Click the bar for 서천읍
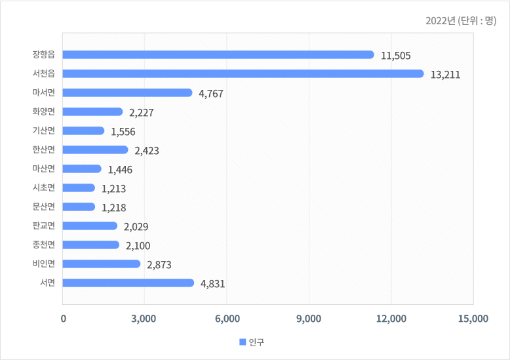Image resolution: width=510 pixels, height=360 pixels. click(243, 73)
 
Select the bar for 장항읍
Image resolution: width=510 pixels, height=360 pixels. click(219, 54)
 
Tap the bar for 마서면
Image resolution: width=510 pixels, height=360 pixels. click(128, 92)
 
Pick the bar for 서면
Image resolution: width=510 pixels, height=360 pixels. click(128, 283)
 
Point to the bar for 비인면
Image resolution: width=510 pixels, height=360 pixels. click(102, 264)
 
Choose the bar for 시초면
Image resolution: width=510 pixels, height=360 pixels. click(79, 188)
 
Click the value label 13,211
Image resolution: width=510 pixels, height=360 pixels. click(445, 75)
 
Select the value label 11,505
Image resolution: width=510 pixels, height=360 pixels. click(395, 56)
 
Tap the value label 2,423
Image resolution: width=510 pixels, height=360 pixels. click(147, 151)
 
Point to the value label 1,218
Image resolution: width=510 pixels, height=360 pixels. click(113, 208)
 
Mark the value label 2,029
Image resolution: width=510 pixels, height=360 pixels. click(136, 227)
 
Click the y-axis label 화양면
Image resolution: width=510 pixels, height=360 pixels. click(43, 111)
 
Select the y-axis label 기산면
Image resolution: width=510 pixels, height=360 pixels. click(43, 130)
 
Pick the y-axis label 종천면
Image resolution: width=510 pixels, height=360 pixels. click(43, 245)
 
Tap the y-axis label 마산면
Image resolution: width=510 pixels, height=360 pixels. click(43, 169)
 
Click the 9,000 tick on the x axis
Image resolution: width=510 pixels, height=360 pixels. click(309, 319)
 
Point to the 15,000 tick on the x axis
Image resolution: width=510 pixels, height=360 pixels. click(472, 319)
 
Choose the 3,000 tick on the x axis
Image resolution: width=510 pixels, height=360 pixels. click(144, 319)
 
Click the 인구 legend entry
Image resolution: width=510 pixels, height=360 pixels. click(252, 342)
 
